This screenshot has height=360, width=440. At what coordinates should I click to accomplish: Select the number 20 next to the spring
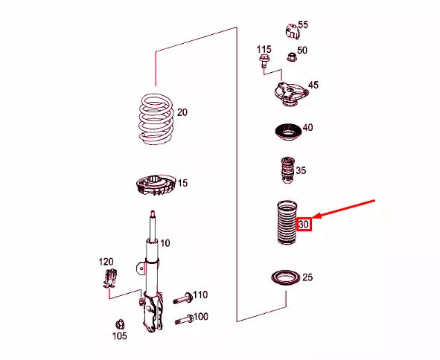(x=182, y=113)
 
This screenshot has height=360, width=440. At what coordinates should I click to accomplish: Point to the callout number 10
(x=165, y=243)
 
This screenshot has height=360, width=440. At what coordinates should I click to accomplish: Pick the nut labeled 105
(x=118, y=324)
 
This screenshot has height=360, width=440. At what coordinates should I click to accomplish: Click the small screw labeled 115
(x=264, y=63)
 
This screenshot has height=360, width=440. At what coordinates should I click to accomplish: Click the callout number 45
(x=313, y=86)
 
